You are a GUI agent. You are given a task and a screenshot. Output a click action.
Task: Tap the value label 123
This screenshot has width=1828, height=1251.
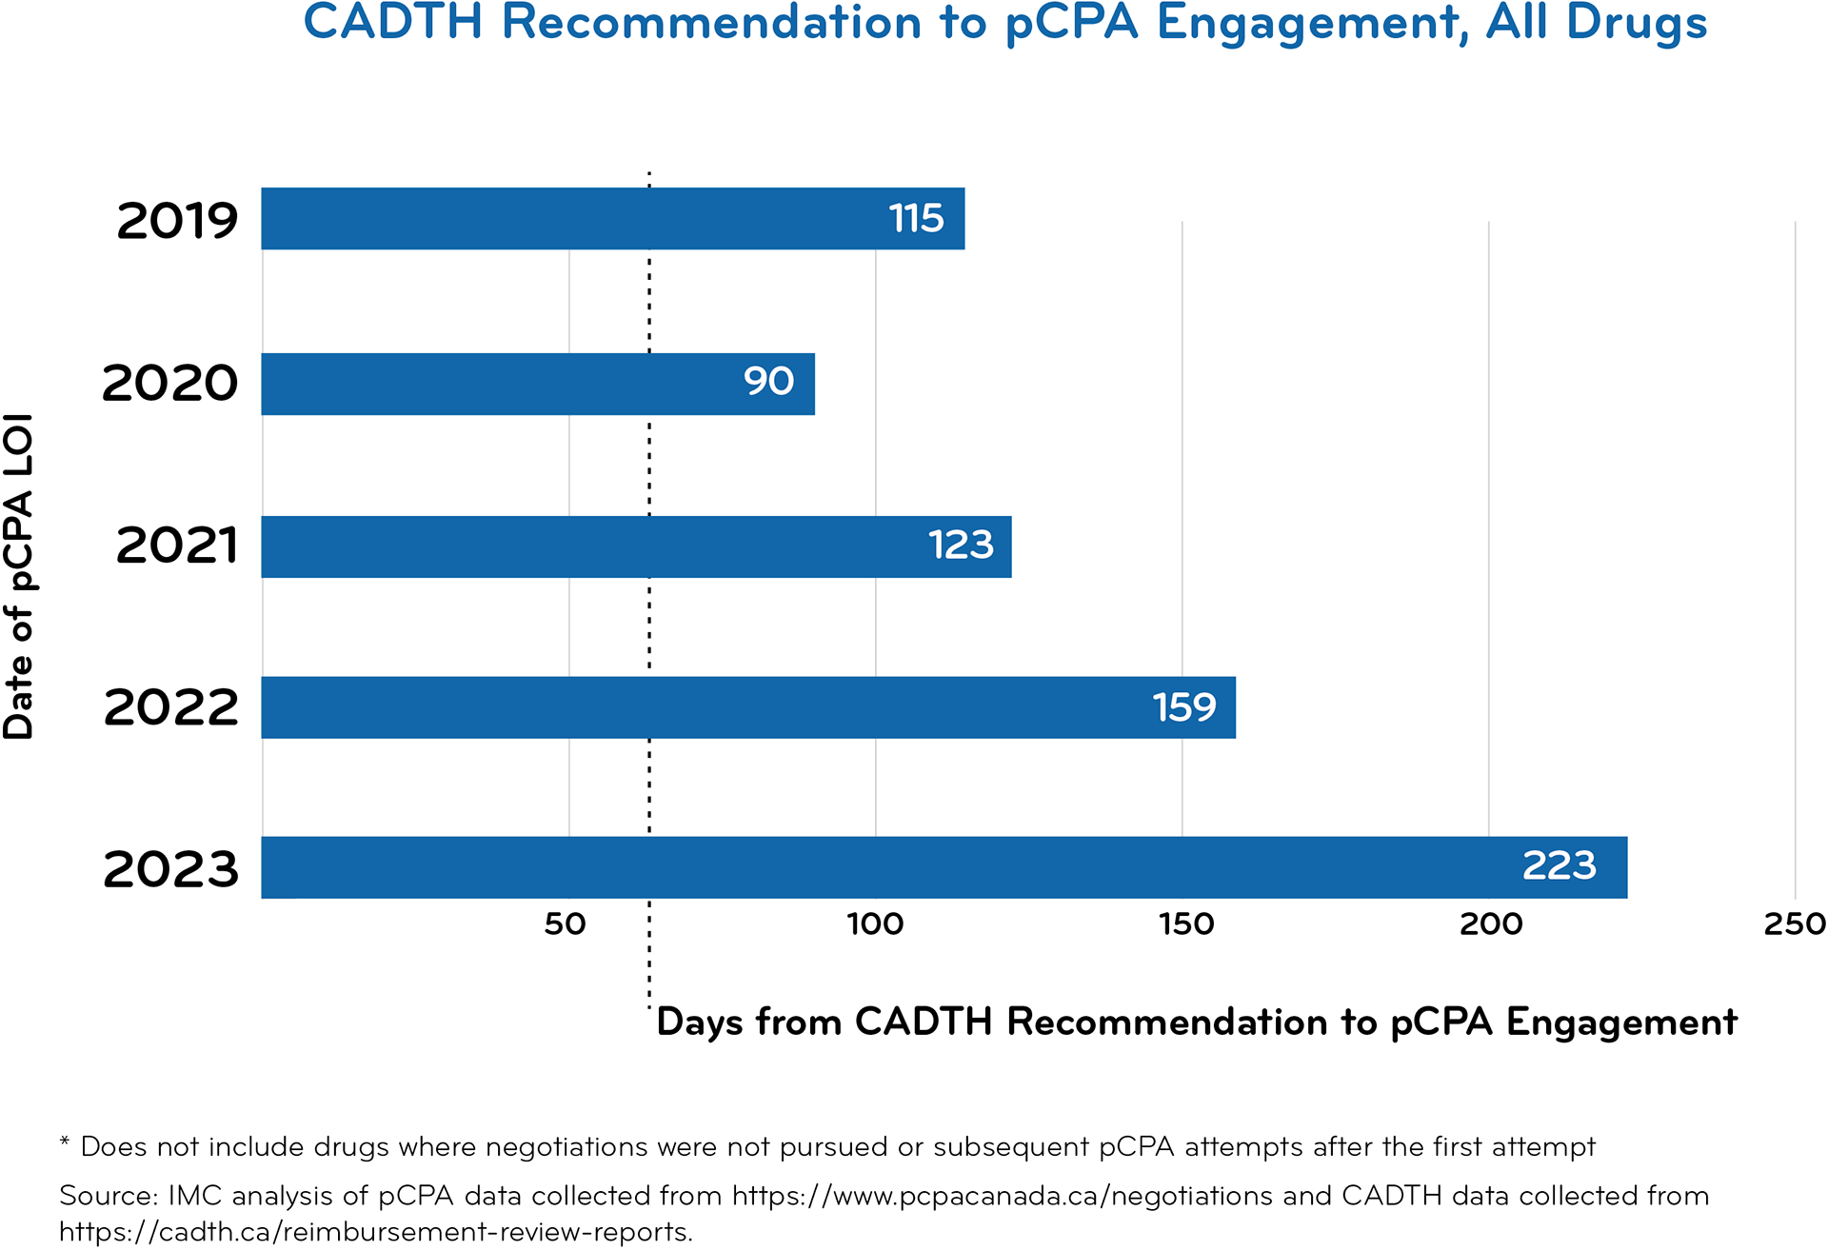[961, 546]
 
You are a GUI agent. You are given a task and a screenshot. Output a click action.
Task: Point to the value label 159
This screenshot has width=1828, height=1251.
[1183, 707]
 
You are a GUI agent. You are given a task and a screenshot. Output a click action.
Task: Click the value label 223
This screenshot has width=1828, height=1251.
[1559, 866]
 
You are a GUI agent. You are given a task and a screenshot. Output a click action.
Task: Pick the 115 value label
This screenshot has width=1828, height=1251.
[916, 219]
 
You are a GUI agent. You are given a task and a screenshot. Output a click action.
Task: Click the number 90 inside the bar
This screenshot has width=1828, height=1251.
[768, 382]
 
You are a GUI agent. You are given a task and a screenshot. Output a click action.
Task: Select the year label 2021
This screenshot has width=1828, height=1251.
[177, 546]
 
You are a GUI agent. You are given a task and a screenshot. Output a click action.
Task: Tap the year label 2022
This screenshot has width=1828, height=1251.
[170, 708]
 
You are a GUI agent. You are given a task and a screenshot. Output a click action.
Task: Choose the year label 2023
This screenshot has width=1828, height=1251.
[170, 870]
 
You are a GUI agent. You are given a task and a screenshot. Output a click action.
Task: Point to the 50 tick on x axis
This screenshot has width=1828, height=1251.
[565, 923]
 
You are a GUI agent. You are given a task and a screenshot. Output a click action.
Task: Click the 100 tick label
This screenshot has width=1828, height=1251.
[875, 923]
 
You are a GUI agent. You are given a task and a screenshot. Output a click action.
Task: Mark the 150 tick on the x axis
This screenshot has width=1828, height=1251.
[1186, 923]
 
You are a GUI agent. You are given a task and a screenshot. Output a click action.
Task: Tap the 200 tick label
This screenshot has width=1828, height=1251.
[1491, 923]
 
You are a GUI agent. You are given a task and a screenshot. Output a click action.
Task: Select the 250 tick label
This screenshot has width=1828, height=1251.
[1795, 923]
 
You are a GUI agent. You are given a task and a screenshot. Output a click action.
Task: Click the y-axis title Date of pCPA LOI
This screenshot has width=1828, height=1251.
[19, 576]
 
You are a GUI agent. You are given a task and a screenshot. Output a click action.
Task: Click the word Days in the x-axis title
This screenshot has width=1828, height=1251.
[701, 1023]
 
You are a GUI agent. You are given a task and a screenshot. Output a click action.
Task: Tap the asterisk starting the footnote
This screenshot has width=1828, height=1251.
[65, 1142]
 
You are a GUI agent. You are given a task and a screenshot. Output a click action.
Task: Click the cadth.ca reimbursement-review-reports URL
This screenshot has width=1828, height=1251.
[375, 1232]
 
